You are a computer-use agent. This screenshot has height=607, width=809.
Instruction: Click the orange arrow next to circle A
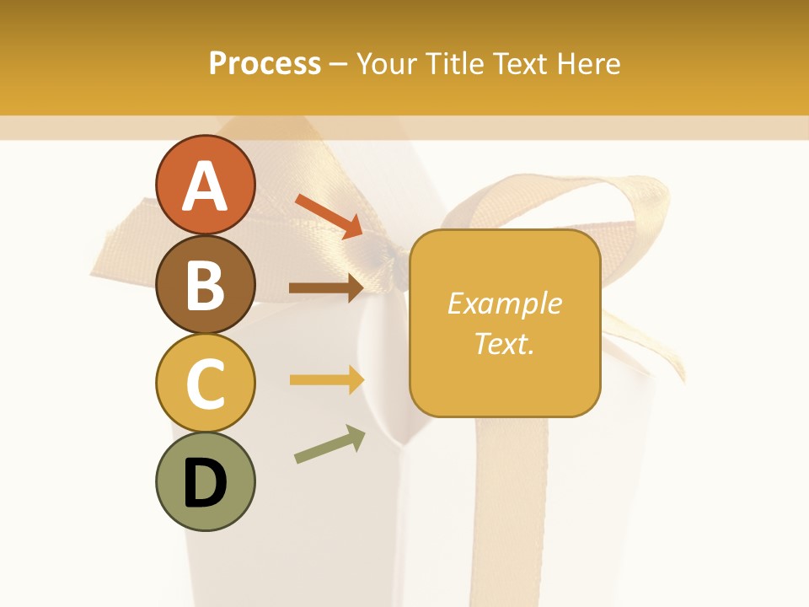tap(329, 214)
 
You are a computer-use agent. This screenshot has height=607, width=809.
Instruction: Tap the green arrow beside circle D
tap(329, 444)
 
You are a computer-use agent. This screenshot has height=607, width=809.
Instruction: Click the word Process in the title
tap(265, 64)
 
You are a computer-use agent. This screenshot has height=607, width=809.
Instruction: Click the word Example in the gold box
tap(505, 303)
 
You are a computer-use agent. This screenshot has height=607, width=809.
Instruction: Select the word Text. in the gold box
tap(505, 343)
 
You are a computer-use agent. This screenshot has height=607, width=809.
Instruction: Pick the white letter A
tap(205, 187)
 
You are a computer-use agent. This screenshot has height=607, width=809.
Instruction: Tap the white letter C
tap(205, 384)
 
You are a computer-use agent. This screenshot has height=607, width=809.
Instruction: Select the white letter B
tap(205, 285)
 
